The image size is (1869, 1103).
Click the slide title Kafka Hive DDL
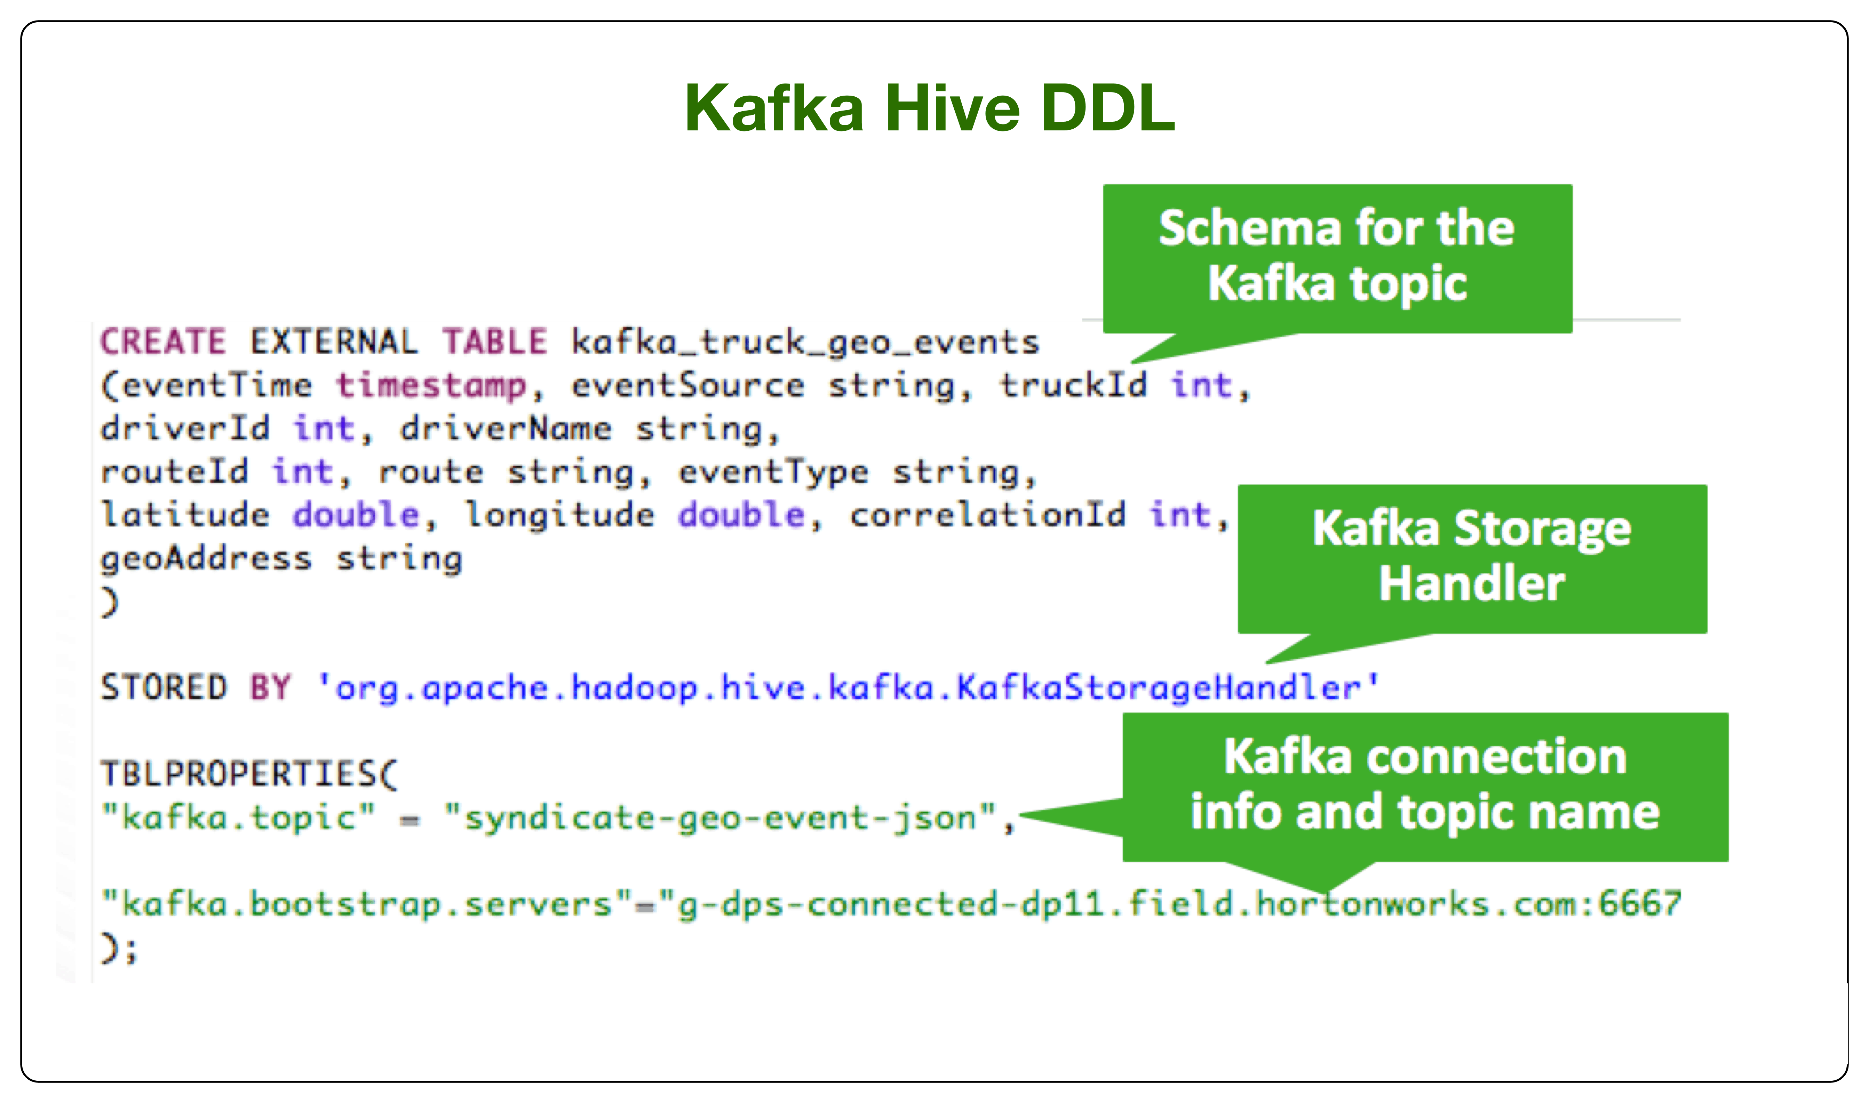click(x=929, y=108)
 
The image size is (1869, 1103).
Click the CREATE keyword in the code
click(x=163, y=342)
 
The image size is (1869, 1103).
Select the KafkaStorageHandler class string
click(x=848, y=687)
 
